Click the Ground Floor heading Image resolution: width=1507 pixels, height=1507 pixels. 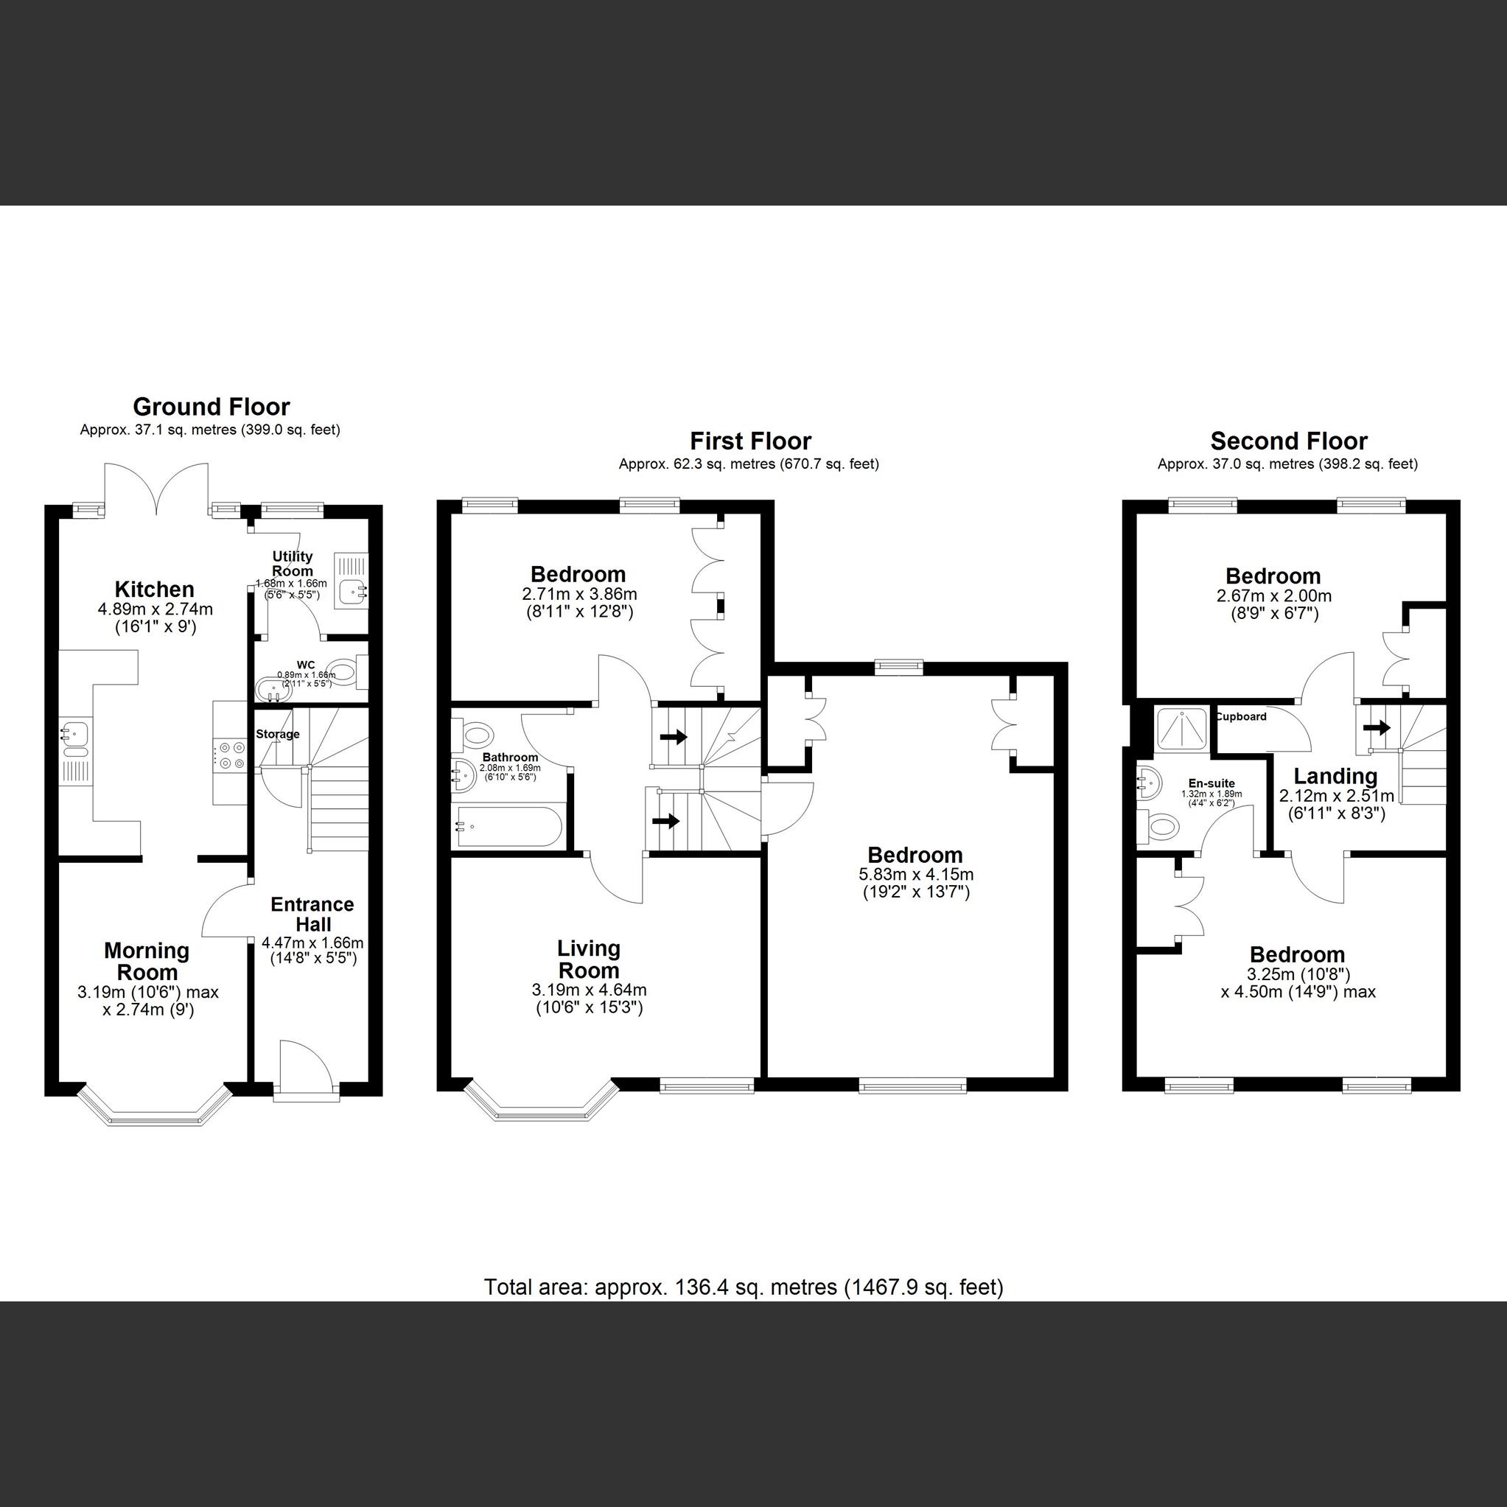coord(211,406)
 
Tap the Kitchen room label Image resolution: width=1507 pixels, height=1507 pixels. coord(155,589)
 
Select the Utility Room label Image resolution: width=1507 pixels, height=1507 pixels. coord(293,563)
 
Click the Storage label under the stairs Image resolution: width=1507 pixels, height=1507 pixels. coord(278,734)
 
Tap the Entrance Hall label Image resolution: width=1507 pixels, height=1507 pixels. coord(312,915)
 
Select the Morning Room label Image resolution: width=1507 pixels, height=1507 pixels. coord(147,961)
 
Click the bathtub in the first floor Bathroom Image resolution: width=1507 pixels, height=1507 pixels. coord(508,828)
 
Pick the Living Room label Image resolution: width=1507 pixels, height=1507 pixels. coord(589,959)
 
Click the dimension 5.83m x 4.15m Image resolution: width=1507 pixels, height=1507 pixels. coord(916,875)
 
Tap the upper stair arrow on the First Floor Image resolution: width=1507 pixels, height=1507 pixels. coord(673,735)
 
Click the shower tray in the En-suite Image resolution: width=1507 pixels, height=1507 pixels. coord(1183,729)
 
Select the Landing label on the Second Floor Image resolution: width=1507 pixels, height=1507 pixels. coord(1335,776)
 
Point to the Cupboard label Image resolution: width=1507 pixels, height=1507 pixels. coord(1241,716)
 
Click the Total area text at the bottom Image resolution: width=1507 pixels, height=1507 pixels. coord(744,1286)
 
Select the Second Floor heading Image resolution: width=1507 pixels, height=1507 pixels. coord(1289,441)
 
